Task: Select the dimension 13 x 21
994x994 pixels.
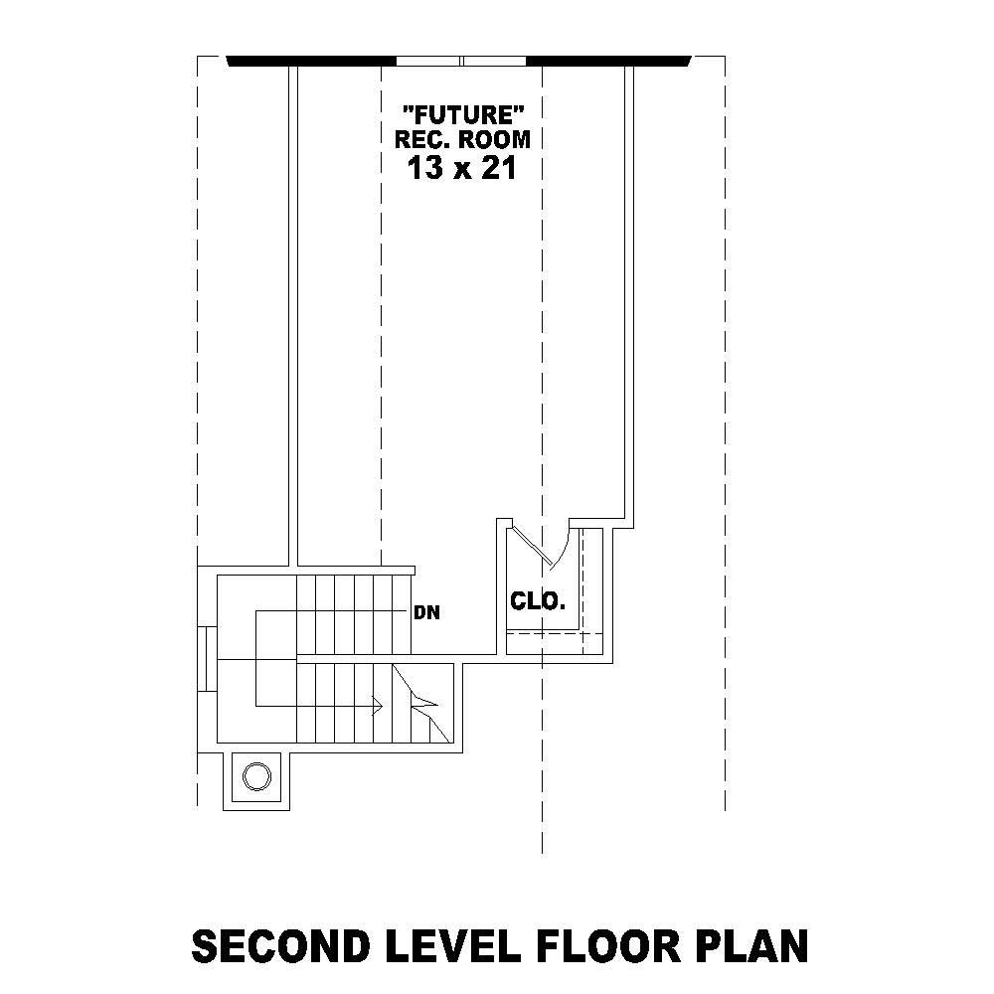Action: (x=462, y=168)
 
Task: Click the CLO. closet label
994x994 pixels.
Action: (x=538, y=601)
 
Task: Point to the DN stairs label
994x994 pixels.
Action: (x=427, y=613)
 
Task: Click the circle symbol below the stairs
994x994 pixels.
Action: (x=256, y=775)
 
